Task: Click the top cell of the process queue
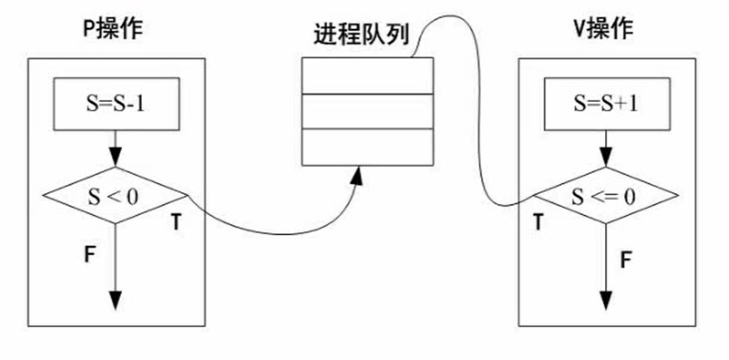pos(368,76)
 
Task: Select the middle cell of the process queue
pos(368,111)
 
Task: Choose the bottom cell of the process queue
pos(368,147)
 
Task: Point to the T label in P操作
pos(178,223)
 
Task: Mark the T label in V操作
pos(538,223)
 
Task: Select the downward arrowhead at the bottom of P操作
pos(115,300)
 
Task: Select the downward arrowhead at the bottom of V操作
pos(606,300)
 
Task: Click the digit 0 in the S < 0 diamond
pos(132,195)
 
